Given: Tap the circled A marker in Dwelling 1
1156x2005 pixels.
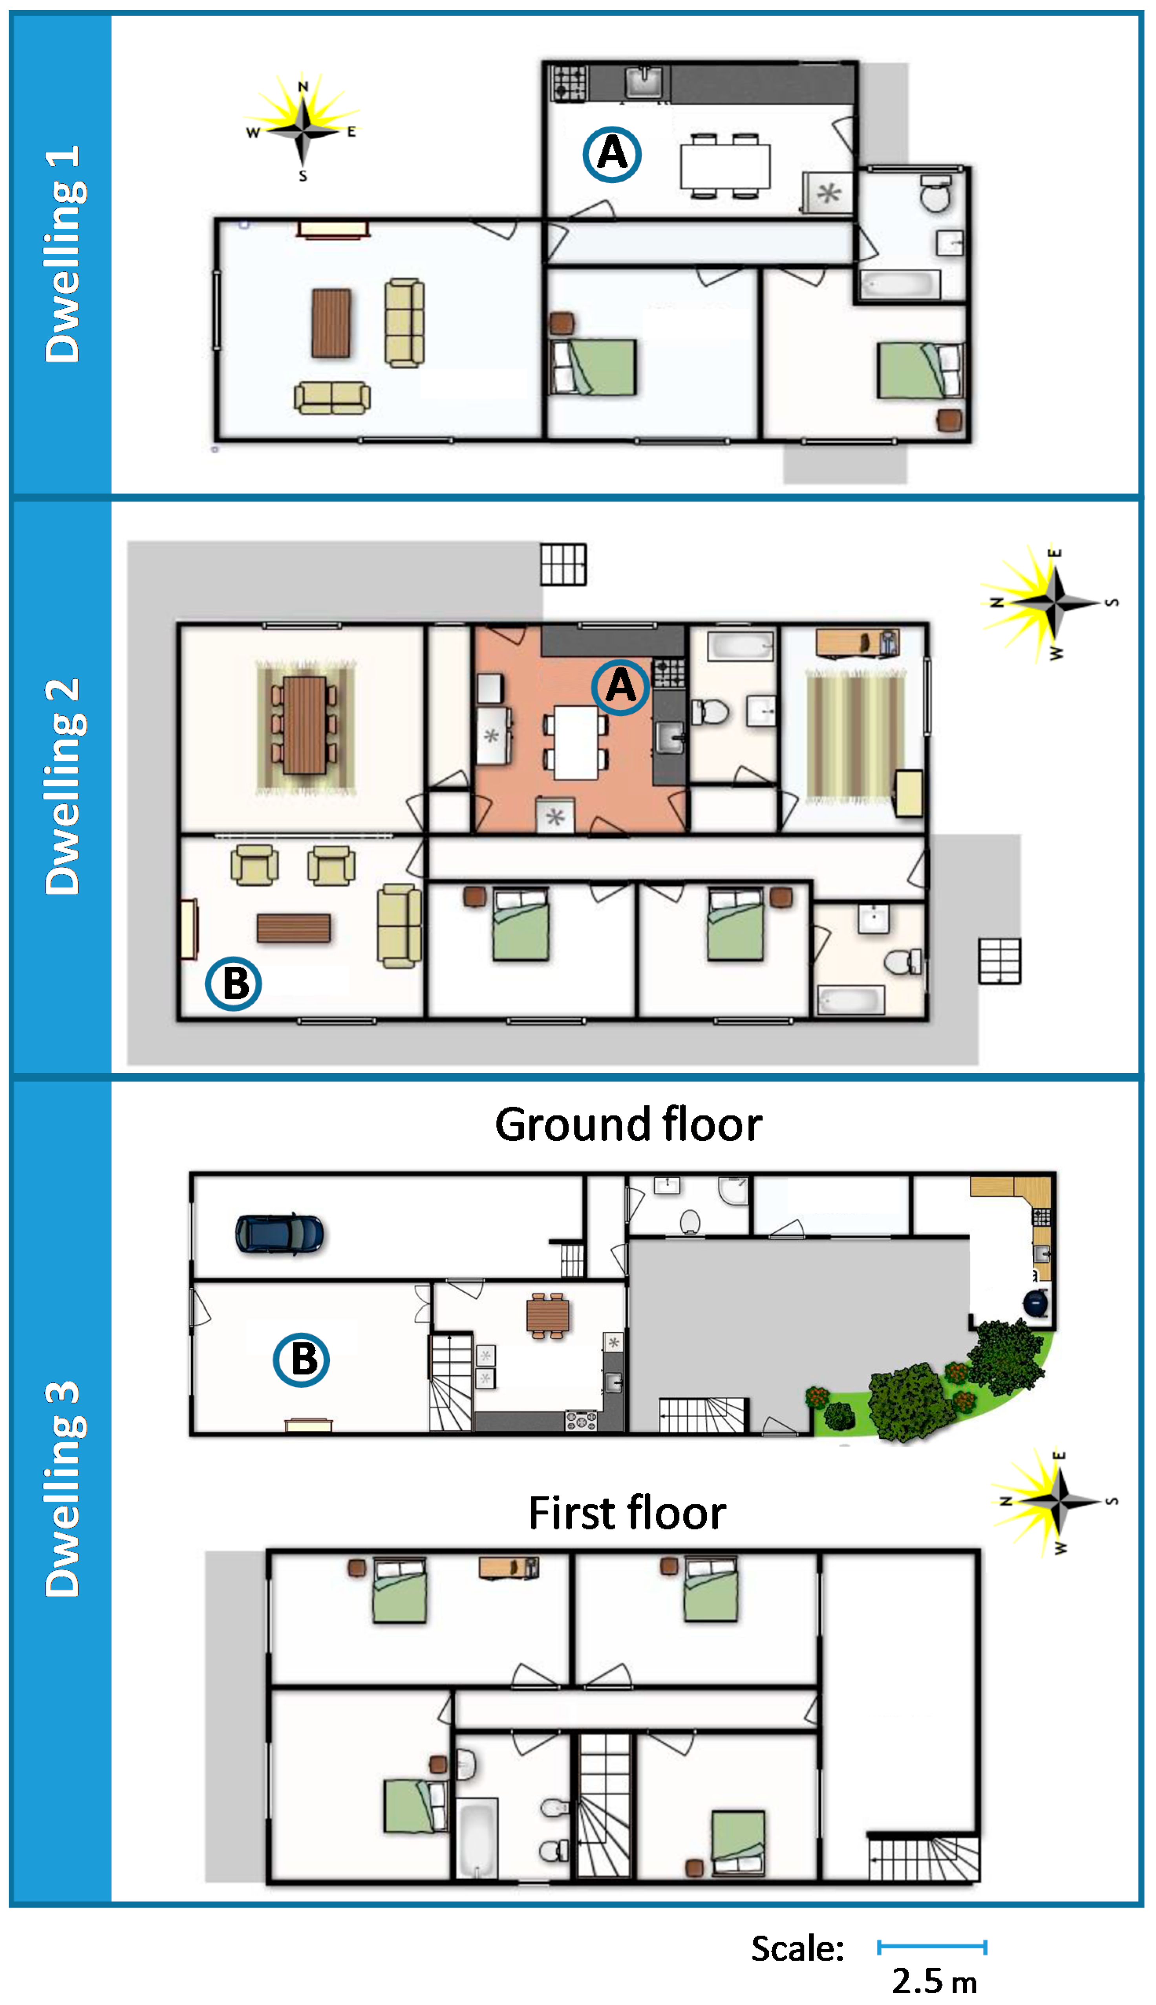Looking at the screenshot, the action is tap(611, 154).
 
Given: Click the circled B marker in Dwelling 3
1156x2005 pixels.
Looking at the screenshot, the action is tap(302, 1359).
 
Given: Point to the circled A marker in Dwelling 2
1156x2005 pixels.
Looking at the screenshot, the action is tap(620, 686).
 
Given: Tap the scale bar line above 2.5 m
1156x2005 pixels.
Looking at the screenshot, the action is tap(932, 1946).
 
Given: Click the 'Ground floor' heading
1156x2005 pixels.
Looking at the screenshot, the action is tap(628, 1125).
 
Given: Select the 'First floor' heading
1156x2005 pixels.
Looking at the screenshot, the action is tap(627, 1513).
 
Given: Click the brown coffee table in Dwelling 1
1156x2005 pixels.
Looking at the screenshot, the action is tap(331, 323).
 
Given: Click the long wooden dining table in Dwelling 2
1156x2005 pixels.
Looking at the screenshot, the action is tap(305, 725).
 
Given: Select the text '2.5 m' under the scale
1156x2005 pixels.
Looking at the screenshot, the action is tap(935, 1981).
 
